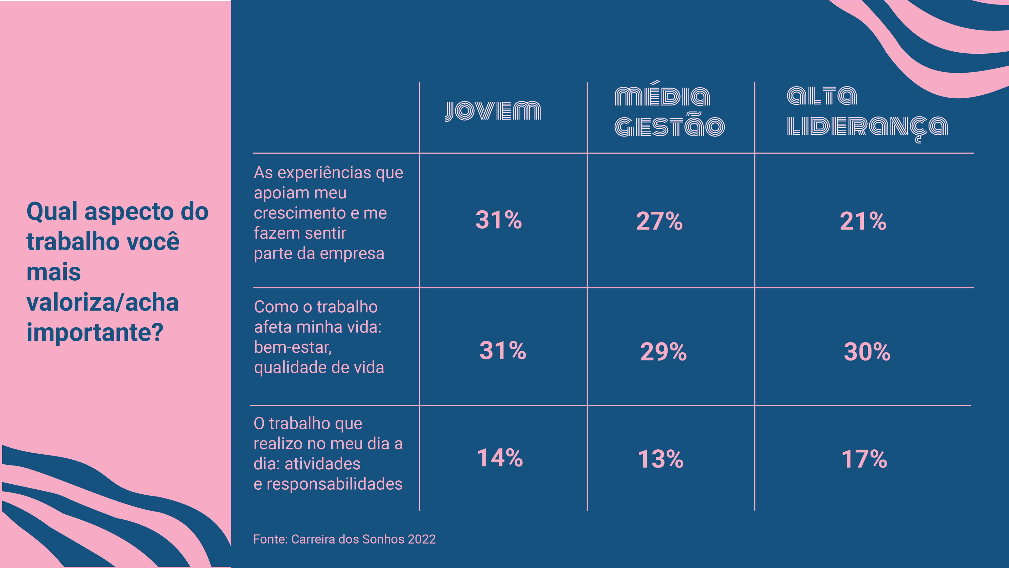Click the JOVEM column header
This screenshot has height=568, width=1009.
pos(493,111)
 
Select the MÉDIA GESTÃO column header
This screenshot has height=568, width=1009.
pos(670,111)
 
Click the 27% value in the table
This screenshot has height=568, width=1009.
pos(659,221)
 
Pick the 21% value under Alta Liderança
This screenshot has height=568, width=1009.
pos(863,221)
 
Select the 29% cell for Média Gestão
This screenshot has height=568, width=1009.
pos(663,352)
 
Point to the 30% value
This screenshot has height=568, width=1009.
pos(867,352)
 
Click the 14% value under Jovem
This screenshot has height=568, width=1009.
pos(500,458)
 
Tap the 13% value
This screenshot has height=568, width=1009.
pos(660,459)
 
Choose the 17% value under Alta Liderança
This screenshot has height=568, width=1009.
pos(864,459)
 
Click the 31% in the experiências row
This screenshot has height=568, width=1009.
pos(499,220)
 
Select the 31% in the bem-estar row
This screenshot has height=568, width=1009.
pos(503,351)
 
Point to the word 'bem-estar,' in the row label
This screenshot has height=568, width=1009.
pos(293,348)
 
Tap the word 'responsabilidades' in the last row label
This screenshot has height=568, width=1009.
pos(334,484)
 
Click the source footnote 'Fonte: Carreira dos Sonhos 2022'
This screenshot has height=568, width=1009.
pos(344,539)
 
